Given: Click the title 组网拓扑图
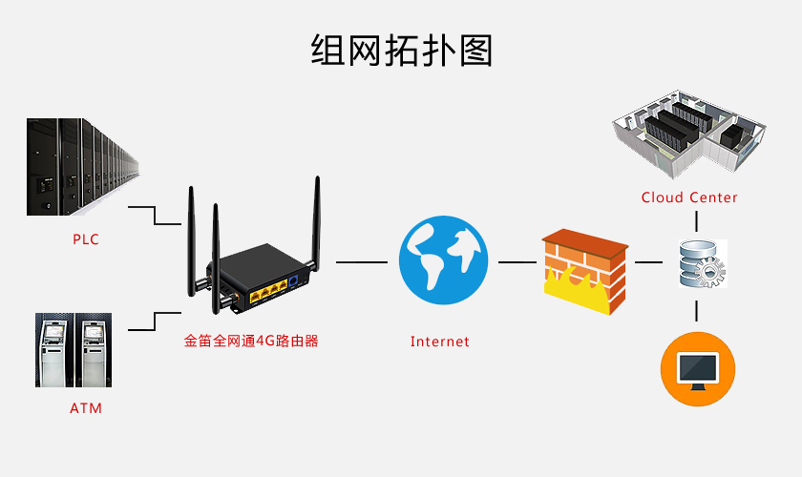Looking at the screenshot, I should pyautogui.click(x=401, y=50).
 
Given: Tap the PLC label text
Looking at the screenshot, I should pyautogui.click(x=86, y=239).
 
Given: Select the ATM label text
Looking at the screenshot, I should pyautogui.click(x=86, y=408).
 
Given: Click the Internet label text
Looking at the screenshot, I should pyautogui.click(x=440, y=342).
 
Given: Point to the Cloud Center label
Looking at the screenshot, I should pyautogui.click(x=689, y=197).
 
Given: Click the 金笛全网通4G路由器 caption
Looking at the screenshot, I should pyautogui.click(x=251, y=340).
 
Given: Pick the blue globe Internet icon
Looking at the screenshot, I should pyautogui.click(x=443, y=259).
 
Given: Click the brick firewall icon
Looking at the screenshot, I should pyautogui.click(x=585, y=272).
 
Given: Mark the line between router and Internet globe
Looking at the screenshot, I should pyautogui.click(x=361, y=261).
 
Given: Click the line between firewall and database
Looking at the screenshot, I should pyautogui.click(x=650, y=261).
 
